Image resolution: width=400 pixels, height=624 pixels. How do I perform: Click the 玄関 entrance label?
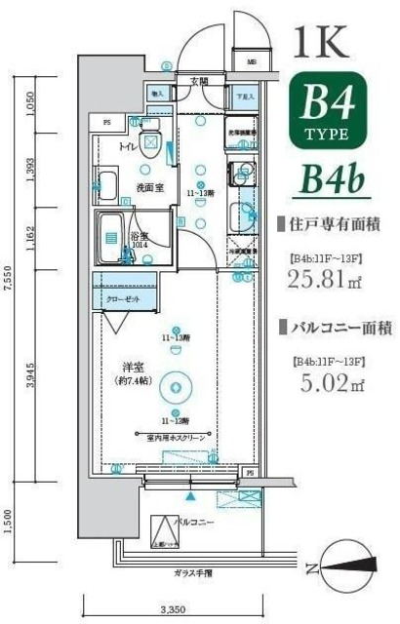[199, 80]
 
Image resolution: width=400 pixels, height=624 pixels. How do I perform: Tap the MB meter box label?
[251, 63]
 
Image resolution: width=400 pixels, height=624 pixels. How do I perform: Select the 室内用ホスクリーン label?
[177, 438]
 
